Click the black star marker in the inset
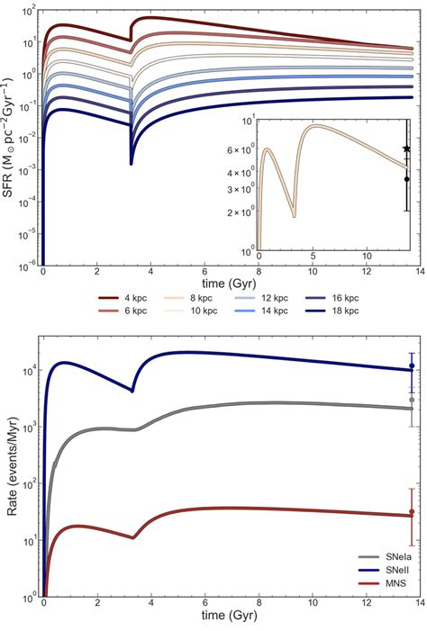pyautogui.click(x=406, y=149)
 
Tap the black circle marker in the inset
pyautogui.click(x=406, y=179)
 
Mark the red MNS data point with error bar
pyautogui.click(x=412, y=512)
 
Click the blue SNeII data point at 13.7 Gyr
pyautogui.click(x=412, y=366)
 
